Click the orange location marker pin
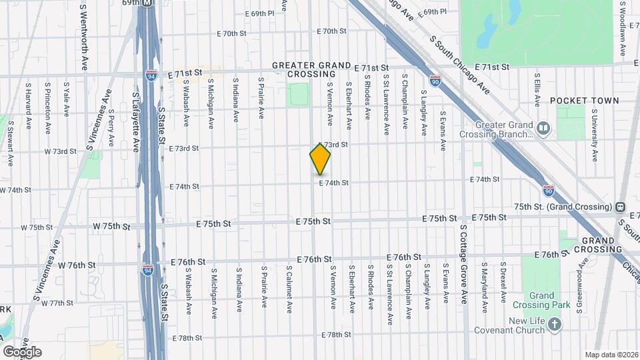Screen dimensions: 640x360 [320, 159]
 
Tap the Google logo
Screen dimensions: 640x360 [22, 351]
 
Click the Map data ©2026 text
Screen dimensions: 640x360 [611, 354]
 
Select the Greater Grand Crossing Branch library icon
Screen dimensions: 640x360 [544, 127]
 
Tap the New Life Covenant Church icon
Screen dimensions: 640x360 [555, 324]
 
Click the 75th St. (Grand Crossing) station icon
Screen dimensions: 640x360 [620, 207]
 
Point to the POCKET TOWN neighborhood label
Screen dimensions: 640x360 [584, 101]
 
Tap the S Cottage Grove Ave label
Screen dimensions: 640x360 [463, 263]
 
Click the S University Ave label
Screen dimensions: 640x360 [595, 141]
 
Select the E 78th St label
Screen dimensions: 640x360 [335, 335]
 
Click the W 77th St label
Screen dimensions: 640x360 [57, 303]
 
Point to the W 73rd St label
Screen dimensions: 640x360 [61, 151]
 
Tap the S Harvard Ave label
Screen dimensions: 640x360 [29, 105]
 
